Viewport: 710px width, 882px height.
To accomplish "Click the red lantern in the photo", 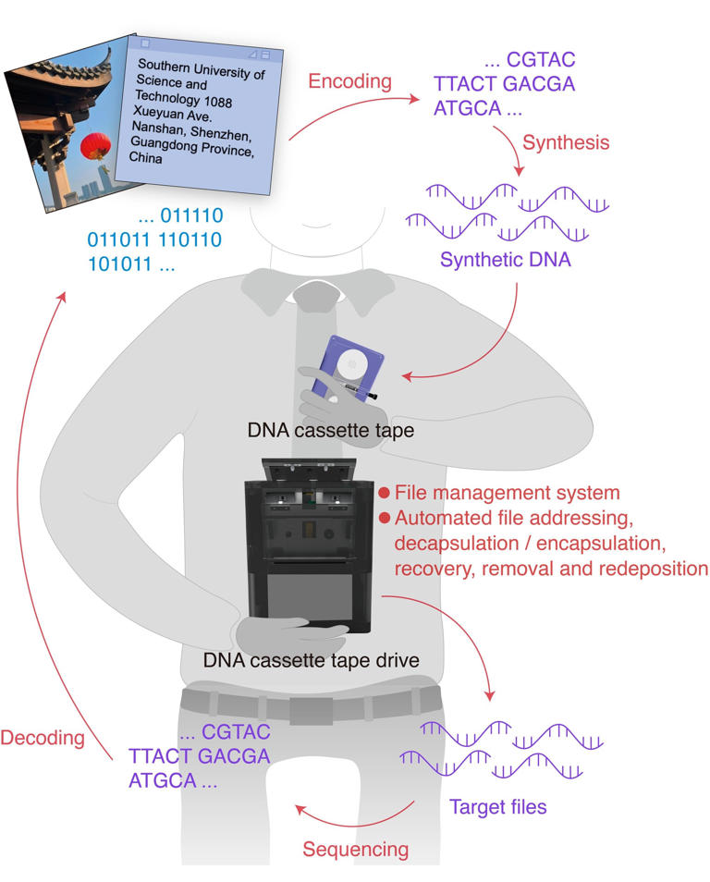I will pos(96,144).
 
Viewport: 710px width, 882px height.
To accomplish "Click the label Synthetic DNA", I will pos(505,260).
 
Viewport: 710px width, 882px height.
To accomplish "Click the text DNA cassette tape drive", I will pos(312,660).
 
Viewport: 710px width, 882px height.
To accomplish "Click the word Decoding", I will pos(42,738).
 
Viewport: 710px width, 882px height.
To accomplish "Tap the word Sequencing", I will pos(355,849).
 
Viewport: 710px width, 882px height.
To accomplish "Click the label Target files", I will pos(497,806).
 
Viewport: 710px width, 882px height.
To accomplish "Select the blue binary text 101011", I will pos(116,263).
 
